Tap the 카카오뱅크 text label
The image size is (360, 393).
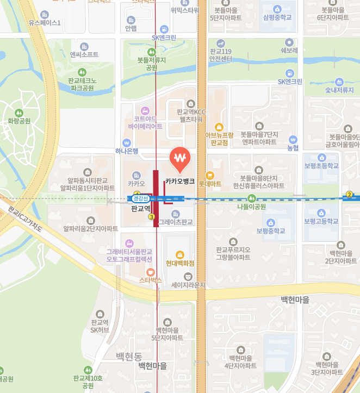pos(180,182)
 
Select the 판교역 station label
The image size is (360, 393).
pos(140,208)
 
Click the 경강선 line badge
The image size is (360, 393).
pos(140,198)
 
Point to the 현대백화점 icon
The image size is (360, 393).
pos(180,255)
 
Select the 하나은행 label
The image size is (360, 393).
pos(127,151)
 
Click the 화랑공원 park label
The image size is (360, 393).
pos(19,121)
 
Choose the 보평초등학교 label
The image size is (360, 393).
pos(321,166)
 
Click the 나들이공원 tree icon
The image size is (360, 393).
pos(251,198)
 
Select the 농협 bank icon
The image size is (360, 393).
pos(293,139)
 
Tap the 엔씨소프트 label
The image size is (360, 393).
pos(84,54)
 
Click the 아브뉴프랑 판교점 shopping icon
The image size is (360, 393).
pos(219,127)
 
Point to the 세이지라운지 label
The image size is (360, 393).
pos(188,284)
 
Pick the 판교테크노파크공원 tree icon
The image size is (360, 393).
pos(82,72)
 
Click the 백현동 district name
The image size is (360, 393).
pos(129,357)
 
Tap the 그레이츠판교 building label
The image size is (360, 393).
pos(176,222)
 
